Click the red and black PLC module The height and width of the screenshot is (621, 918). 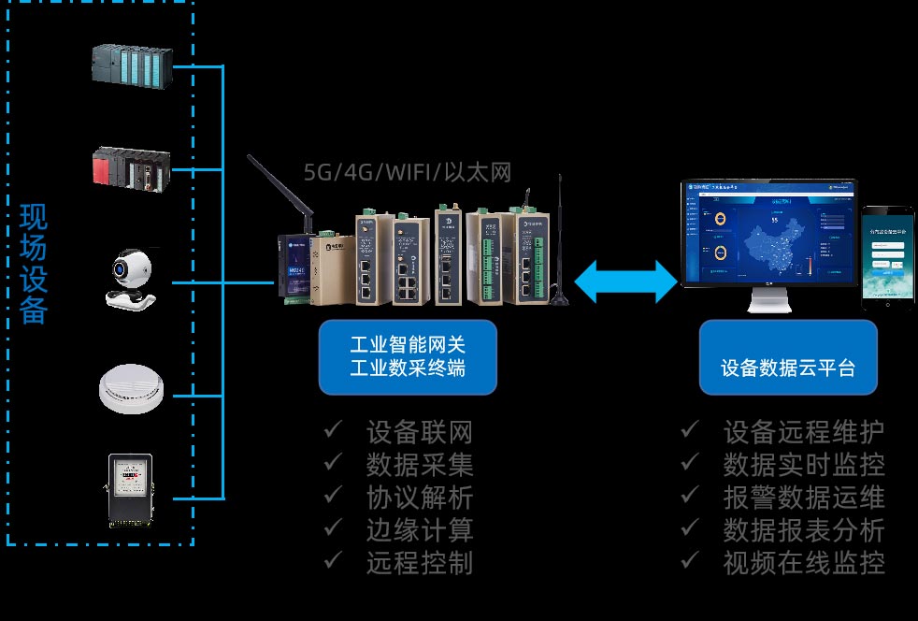(132, 169)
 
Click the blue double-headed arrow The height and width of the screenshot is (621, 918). (625, 282)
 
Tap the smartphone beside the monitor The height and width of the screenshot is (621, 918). (887, 258)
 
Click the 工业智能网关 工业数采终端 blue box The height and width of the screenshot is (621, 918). (407, 356)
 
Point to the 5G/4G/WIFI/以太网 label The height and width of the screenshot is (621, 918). (408, 172)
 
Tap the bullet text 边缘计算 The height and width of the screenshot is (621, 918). (420, 529)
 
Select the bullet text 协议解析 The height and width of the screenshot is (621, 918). (420, 497)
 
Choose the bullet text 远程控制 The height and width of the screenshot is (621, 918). (420, 562)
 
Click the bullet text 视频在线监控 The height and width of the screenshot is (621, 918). (804, 562)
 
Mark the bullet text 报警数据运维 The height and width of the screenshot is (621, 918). (804, 497)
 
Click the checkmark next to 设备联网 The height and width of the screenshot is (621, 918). (333, 431)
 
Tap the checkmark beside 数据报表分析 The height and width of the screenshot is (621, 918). (690, 529)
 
